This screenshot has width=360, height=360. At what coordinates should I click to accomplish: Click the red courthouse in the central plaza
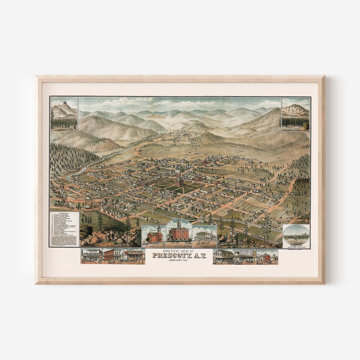click(x=179, y=180)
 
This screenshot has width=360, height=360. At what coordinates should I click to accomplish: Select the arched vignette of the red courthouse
click(x=179, y=232)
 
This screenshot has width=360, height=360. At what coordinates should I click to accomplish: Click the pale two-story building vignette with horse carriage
click(x=204, y=236)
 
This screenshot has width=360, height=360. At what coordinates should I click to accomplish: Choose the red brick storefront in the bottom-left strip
click(x=113, y=256)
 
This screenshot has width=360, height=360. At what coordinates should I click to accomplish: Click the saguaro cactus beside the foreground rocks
click(x=237, y=238)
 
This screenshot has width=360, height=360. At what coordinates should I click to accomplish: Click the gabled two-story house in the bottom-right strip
click(x=224, y=256)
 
